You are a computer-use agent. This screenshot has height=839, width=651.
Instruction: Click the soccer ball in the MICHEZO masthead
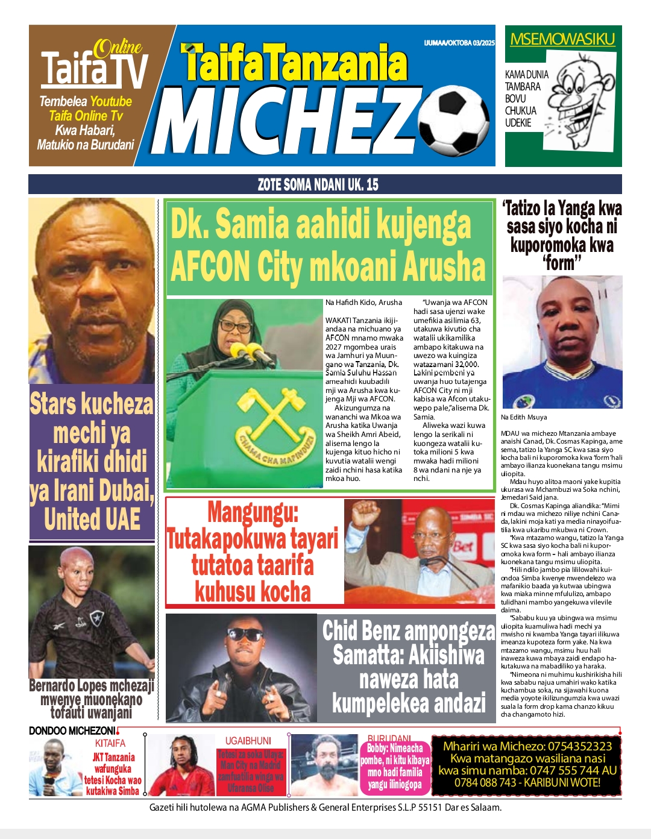(456, 119)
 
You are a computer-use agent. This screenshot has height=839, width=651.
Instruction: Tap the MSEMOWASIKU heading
(562, 40)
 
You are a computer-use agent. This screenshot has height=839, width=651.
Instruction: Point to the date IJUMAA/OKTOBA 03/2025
(459, 43)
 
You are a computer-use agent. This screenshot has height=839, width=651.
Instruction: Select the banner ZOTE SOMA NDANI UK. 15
(318, 184)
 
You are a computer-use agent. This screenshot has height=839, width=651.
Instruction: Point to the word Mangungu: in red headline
(253, 512)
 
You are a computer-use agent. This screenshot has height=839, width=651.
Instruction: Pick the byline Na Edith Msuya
(524, 417)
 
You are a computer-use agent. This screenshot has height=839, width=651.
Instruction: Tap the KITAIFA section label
(110, 743)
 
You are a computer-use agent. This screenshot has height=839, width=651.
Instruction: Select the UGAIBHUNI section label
(248, 741)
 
